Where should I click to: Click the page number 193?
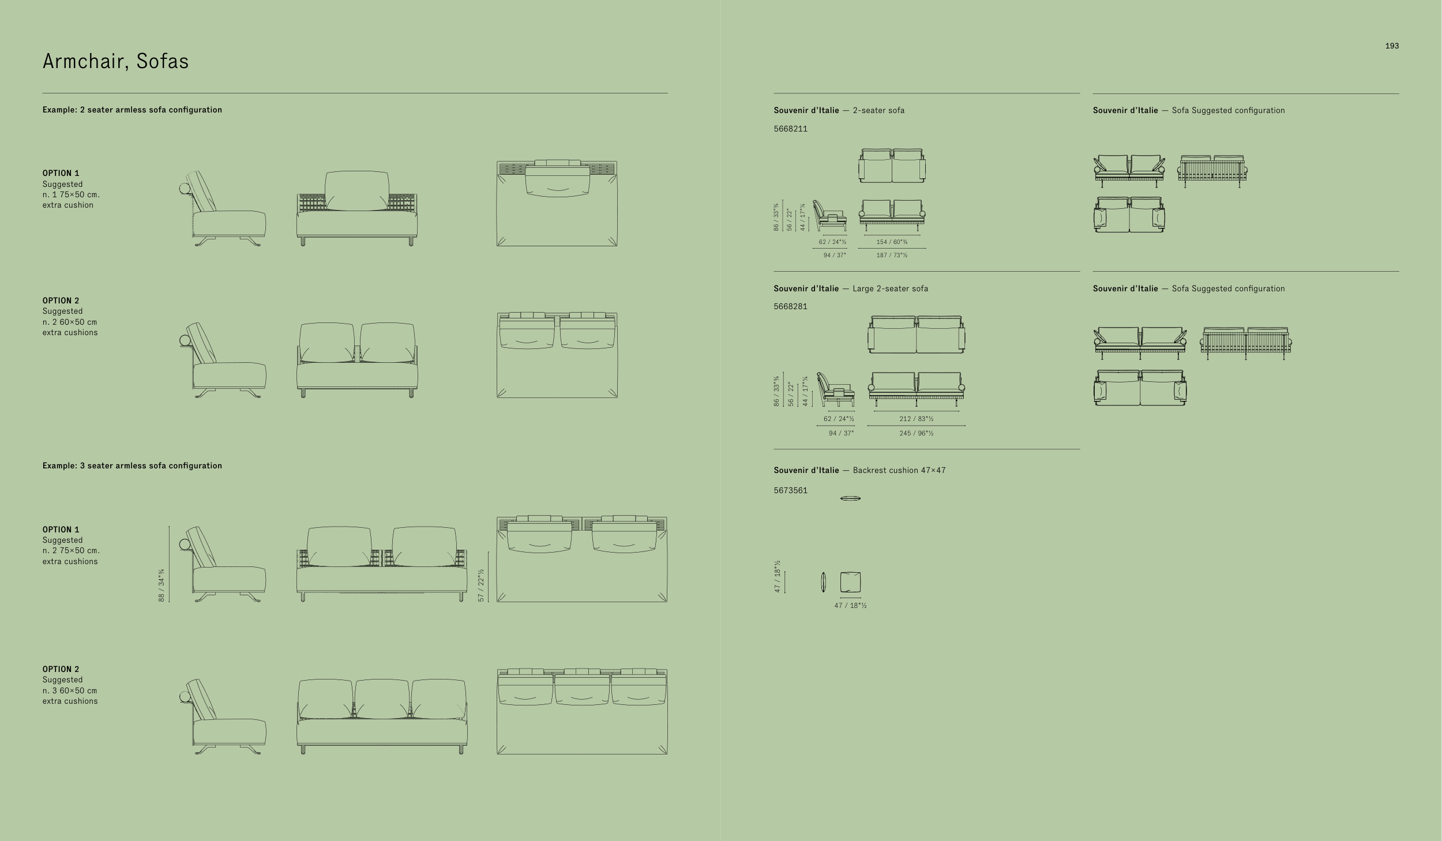1392,46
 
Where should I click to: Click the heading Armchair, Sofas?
115,61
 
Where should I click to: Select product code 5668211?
790,129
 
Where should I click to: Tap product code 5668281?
790,306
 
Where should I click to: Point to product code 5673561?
790,490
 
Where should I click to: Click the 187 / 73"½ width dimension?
892,255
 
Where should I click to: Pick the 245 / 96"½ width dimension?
916,433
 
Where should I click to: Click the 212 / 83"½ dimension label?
916,419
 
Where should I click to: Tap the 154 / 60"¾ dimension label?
892,242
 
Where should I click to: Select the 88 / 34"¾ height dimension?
162,585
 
